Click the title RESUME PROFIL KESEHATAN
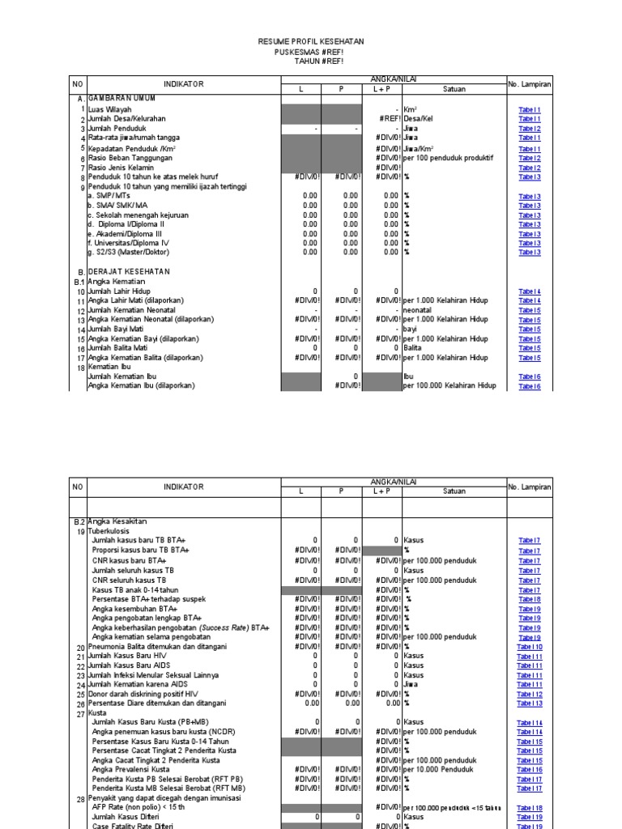click(311, 40)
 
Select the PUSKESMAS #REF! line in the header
click(311, 51)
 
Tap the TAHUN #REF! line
click(311, 61)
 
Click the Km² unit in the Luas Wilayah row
click(411, 108)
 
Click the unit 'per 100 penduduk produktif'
click(450, 158)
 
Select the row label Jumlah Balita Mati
click(118, 348)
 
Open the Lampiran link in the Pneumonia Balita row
click(530, 647)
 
